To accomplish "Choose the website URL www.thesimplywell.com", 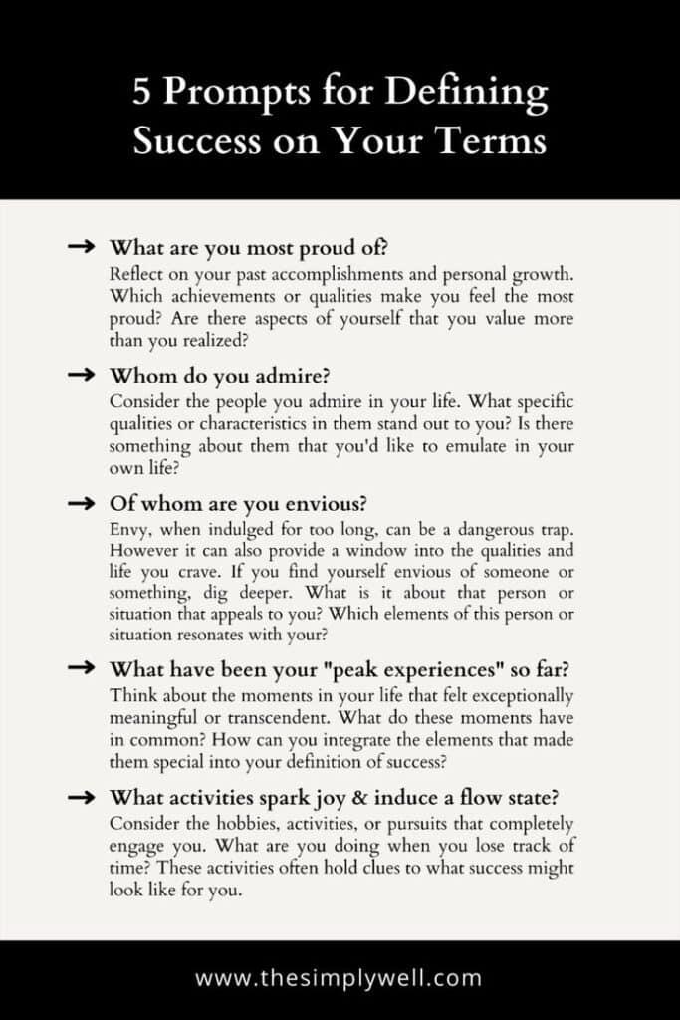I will coord(339,977).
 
